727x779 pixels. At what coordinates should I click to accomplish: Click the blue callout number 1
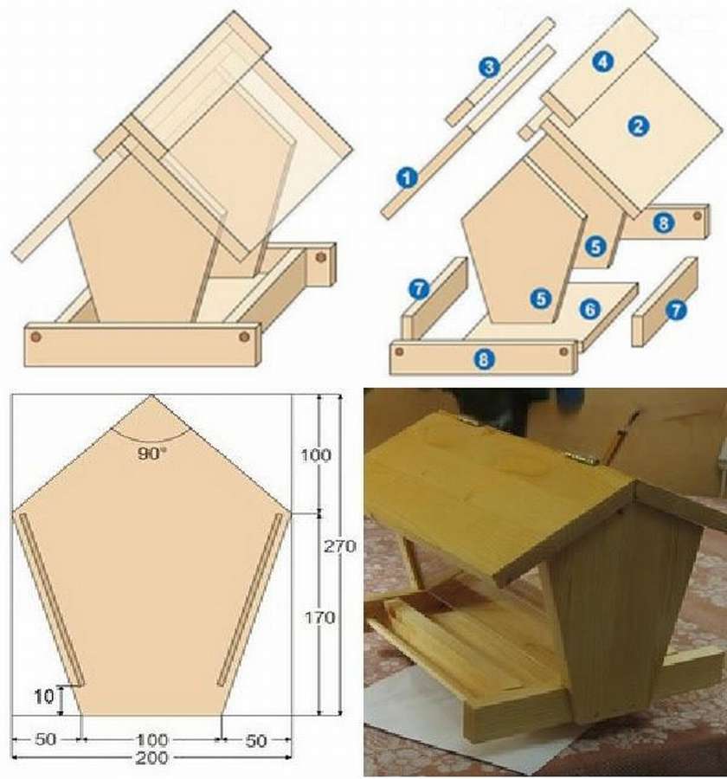(407, 177)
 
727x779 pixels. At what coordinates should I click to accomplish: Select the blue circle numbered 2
(638, 126)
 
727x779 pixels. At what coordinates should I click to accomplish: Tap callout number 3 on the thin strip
(490, 67)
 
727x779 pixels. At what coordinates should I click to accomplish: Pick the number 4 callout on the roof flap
(602, 61)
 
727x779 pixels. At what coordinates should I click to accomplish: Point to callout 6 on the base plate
(590, 309)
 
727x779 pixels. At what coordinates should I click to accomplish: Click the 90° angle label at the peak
(151, 453)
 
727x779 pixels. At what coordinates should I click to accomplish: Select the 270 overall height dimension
(340, 546)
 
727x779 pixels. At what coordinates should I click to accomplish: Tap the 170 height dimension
(320, 617)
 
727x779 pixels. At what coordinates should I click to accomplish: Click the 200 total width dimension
(151, 758)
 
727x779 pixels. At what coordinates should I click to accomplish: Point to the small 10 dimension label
(44, 697)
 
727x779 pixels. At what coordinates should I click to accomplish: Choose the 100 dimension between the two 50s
(152, 740)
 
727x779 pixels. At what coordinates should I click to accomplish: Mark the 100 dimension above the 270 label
(316, 454)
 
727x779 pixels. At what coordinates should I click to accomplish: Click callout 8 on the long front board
(484, 358)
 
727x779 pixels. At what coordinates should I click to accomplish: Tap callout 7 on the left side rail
(419, 288)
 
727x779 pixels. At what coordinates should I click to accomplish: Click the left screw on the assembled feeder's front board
(35, 337)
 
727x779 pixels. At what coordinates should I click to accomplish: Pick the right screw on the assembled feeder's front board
(243, 337)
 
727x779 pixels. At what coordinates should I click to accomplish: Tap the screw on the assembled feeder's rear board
(320, 257)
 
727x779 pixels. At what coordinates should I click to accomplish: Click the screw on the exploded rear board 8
(698, 216)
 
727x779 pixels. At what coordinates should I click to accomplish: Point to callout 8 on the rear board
(664, 223)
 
